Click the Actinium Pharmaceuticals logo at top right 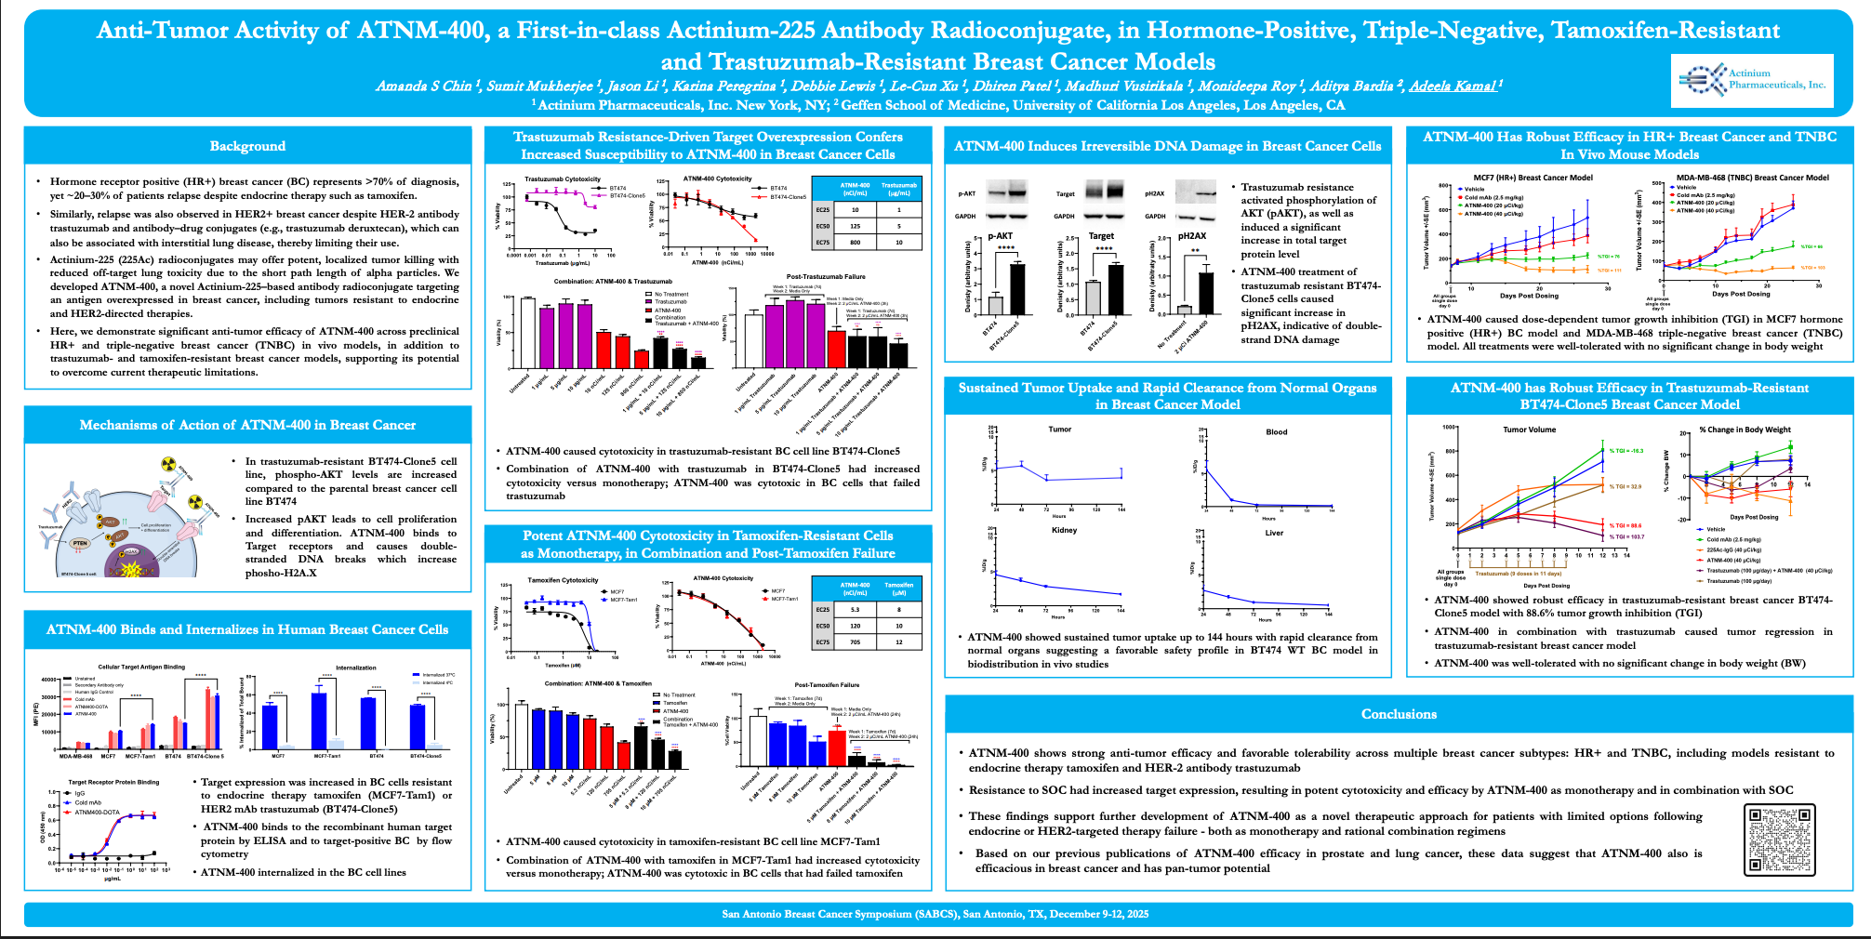1752,80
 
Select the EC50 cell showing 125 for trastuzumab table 855,226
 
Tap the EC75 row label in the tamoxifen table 823,642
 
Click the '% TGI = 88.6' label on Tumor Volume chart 1626,525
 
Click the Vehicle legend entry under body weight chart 1716,529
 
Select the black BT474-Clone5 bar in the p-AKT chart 1017,289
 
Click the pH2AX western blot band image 1196,193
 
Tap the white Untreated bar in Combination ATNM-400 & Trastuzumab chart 527,332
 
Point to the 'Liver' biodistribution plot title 1274,533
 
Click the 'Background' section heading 247,146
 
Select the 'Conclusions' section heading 1399,714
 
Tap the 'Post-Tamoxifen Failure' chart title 827,684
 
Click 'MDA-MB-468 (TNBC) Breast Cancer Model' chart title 1752,178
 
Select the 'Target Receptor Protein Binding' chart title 113,782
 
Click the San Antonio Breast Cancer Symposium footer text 935,914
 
